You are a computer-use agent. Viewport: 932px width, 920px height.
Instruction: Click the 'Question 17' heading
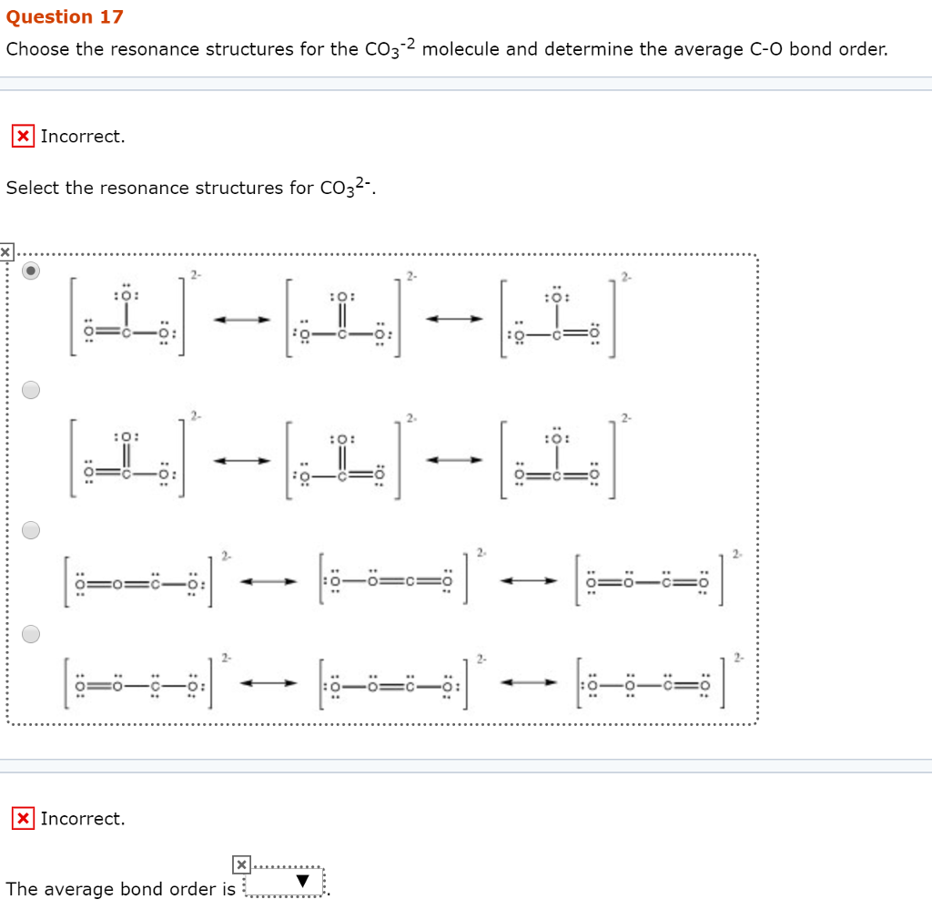(x=65, y=17)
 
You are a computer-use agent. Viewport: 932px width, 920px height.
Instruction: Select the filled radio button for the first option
(x=32, y=271)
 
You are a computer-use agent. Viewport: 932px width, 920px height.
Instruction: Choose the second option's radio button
(x=32, y=390)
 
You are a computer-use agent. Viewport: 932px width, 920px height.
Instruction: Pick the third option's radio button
(x=32, y=530)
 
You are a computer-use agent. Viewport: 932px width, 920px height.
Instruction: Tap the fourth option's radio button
(x=32, y=634)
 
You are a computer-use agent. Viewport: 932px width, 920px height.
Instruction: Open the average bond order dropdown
(x=286, y=884)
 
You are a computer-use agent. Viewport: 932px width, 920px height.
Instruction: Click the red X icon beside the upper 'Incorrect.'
(x=23, y=137)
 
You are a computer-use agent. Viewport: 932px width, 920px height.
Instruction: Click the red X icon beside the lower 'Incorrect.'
(x=23, y=818)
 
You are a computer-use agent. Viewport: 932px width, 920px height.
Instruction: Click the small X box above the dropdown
(x=240, y=864)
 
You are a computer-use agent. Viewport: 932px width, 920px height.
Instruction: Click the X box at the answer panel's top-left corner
(x=5, y=250)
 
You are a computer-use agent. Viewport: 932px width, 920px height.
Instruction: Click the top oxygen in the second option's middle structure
(x=343, y=438)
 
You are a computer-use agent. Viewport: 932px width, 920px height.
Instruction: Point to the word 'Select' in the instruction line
(x=32, y=188)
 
